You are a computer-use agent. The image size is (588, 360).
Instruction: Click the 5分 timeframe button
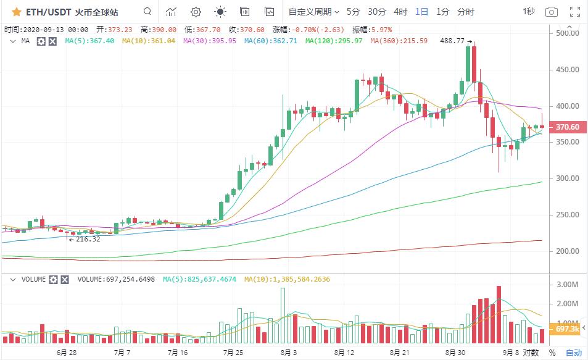click(x=354, y=12)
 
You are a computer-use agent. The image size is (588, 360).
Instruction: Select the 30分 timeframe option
click(x=377, y=12)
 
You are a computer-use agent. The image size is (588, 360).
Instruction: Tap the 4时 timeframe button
click(x=400, y=12)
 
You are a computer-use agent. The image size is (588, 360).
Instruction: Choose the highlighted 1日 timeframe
click(x=421, y=12)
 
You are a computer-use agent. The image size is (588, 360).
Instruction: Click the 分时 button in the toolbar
click(x=466, y=12)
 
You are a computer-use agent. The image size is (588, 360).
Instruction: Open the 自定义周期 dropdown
click(x=314, y=12)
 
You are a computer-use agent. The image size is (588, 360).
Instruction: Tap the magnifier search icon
click(x=147, y=11)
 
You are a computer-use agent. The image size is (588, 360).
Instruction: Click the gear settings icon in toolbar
click(x=196, y=12)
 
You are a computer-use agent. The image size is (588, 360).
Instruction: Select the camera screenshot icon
click(x=552, y=12)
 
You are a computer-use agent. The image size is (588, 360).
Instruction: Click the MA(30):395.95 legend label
click(x=210, y=41)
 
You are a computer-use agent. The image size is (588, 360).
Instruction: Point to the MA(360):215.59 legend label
click(x=399, y=41)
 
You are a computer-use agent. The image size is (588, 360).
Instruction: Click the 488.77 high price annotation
click(x=453, y=41)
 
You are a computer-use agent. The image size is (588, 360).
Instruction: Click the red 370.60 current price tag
click(x=567, y=127)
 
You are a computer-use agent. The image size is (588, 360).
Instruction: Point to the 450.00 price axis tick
click(x=567, y=70)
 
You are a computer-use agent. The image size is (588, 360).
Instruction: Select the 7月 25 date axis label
click(x=233, y=353)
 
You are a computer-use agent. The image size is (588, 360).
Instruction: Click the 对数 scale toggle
click(x=531, y=353)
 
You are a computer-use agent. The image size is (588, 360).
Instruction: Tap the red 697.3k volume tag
click(x=567, y=329)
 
